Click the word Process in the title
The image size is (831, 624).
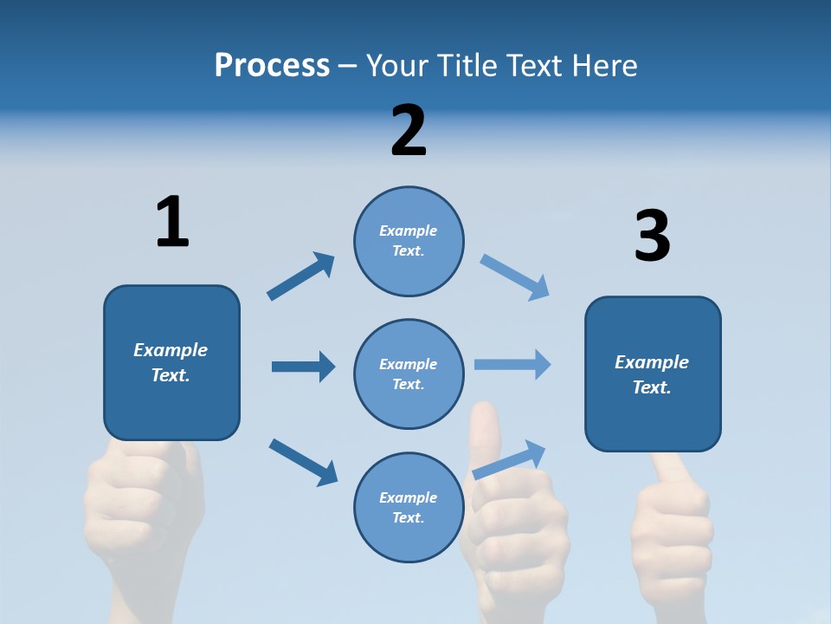pyautogui.click(x=272, y=66)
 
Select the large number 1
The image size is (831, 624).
pyautogui.click(x=172, y=223)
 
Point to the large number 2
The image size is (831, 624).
pyautogui.click(x=409, y=131)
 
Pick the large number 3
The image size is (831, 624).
pyautogui.click(x=652, y=237)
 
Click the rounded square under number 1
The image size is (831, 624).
pyautogui.click(x=171, y=362)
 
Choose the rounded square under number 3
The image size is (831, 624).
pyautogui.click(x=653, y=374)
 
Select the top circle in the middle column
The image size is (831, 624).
pyautogui.click(x=409, y=241)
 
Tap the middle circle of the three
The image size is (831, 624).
pyautogui.click(x=409, y=374)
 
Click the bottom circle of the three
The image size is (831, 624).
pyautogui.click(x=409, y=508)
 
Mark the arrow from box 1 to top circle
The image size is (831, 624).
pyautogui.click(x=300, y=276)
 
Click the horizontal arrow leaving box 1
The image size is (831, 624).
pyautogui.click(x=303, y=367)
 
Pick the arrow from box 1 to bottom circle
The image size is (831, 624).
pyautogui.click(x=303, y=461)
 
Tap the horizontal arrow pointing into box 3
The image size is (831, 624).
pyautogui.click(x=512, y=365)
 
